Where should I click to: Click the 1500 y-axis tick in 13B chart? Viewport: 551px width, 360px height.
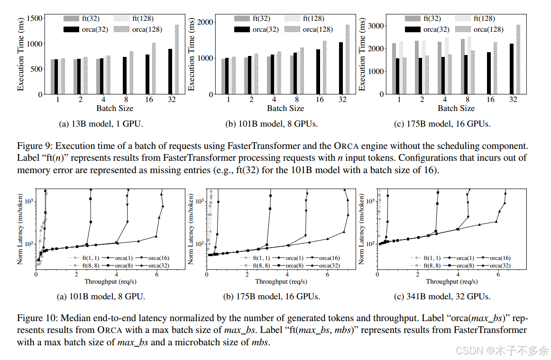tap(35, 18)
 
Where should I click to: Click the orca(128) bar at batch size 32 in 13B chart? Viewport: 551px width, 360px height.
tap(177, 59)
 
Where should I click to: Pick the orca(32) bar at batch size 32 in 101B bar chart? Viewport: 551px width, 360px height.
tap(340, 68)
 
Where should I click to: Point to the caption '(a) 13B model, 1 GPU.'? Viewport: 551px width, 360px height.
tap(101, 124)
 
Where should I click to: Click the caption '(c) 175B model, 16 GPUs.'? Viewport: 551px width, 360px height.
tap(442, 124)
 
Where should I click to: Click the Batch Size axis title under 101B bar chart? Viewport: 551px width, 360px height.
tap(285, 109)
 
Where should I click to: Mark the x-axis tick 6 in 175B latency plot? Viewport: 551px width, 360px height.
tap(327, 274)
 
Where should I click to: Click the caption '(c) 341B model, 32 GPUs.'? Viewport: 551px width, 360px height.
tap(442, 297)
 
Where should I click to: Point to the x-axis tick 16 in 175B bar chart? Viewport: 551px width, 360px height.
tap(490, 100)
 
